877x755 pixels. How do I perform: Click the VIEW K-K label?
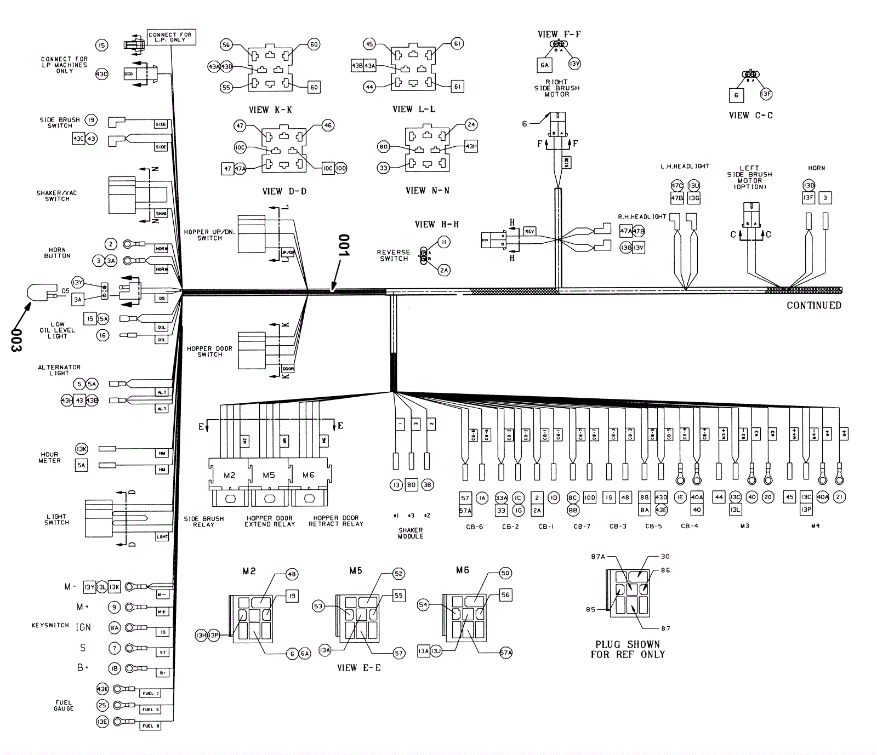coord(270,110)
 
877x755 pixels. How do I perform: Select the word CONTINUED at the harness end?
coord(813,305)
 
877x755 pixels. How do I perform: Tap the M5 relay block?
coord(269,475)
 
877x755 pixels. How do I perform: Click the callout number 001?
coord(343,246)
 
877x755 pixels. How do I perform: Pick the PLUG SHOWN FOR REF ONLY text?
coord(628,649)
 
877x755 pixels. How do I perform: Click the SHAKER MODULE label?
coord(411,533)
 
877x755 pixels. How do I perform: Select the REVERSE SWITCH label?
coord(394,255)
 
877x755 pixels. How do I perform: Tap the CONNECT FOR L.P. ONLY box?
coord(170,37)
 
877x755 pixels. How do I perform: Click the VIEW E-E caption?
coord(358,668)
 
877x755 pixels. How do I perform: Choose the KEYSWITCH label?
coord(50,625)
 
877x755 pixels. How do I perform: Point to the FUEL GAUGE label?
coord(64,705)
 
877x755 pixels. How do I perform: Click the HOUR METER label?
coord(49,457)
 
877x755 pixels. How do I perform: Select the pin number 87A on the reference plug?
coord(597,557)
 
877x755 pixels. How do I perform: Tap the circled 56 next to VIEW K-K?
coord(226,44)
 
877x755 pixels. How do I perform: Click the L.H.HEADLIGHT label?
coord(685,166)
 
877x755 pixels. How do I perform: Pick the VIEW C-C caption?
coord(750,116)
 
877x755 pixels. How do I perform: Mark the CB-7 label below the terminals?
coord(582,526)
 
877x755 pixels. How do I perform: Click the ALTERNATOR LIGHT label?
coord(59,370)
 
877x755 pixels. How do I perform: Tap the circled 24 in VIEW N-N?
coord(471,124)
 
